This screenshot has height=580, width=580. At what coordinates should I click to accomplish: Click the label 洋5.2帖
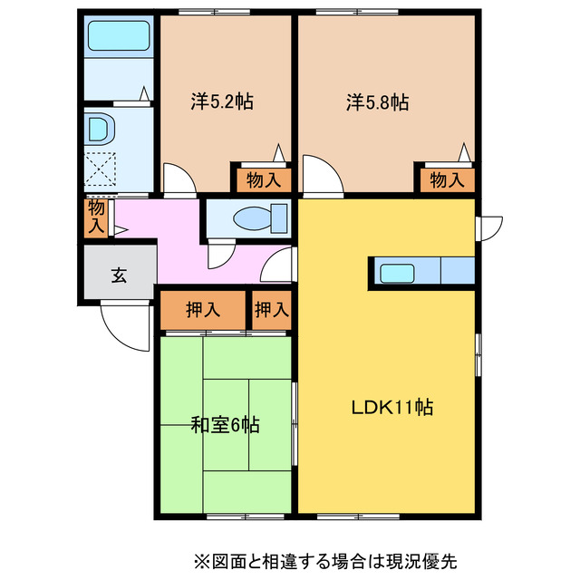(221, 101)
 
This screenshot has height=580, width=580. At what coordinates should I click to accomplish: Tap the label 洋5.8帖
(377, 101)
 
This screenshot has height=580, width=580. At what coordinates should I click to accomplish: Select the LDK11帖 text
(391, 408)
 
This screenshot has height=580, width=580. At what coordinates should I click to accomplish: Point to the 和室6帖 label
(226, 424)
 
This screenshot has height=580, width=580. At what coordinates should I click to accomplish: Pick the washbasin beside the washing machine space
(98, 129)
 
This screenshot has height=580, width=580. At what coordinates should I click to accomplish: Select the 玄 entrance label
(118, 276)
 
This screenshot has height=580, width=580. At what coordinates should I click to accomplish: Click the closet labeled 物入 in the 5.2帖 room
(263, 179)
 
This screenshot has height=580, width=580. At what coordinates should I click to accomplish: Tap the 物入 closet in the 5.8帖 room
(445, 179)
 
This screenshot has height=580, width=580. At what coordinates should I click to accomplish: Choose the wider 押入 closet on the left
(203, 310)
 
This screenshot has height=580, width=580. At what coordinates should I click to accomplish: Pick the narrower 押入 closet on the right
(271, 310)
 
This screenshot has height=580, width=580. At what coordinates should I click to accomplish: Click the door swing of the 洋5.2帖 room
(179, 179)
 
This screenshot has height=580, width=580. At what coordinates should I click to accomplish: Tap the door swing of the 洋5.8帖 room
(321, 175)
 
